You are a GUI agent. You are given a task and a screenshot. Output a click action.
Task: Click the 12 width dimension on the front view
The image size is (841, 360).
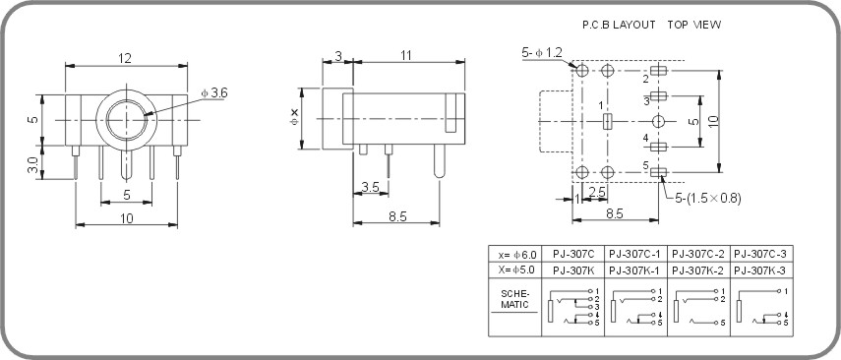point(125,58)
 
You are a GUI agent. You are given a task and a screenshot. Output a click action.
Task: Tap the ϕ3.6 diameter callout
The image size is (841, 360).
point(214,92)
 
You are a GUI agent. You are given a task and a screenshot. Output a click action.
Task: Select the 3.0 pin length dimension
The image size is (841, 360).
point(33,165)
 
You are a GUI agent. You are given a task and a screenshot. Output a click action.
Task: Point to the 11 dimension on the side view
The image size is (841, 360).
point(406,55)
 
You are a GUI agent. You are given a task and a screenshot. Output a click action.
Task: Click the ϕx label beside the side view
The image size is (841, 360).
point(293,117)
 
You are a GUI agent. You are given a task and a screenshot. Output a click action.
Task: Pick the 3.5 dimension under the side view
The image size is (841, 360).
point(370,187)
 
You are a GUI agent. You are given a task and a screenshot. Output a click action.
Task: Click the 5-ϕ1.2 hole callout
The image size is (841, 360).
point(542,52)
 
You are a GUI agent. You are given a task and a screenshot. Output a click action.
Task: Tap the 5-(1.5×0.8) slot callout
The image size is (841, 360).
point(708,199)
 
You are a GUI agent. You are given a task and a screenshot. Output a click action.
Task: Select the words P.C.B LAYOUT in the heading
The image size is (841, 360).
point(619,25)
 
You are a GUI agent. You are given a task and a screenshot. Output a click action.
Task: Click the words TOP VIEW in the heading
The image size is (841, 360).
point(694,25)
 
